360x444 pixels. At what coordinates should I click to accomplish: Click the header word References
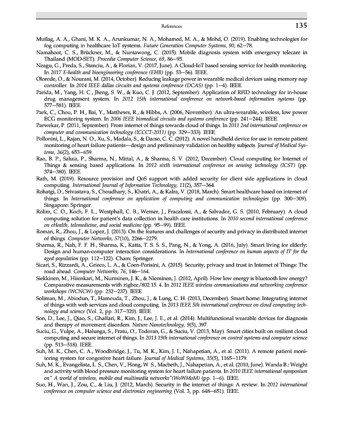tap(171, 26)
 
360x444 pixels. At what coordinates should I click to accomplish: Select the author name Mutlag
tap(45, 39)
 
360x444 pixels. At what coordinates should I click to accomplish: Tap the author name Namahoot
tap(49, 52)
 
